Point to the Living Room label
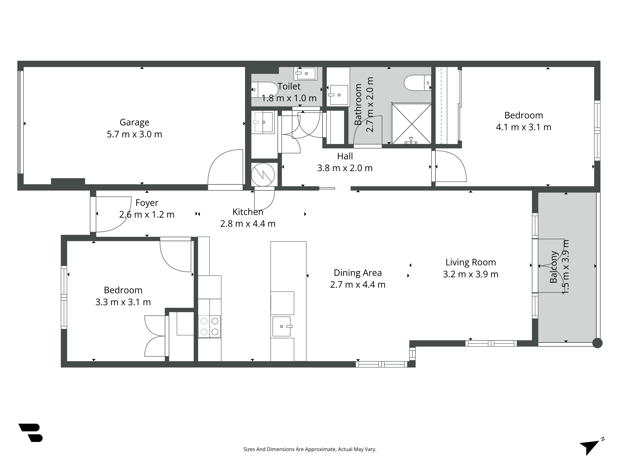pos(471,262)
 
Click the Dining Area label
pos(358,273)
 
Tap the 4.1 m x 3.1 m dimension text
pos(524,127)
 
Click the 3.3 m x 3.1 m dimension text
pos(123,302)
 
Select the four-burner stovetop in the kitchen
pos(209,327)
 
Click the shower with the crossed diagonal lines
pos(412,124)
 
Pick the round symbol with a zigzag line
pos(263,175)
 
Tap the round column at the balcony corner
pos(597,343)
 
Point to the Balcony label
pos(554,267)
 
